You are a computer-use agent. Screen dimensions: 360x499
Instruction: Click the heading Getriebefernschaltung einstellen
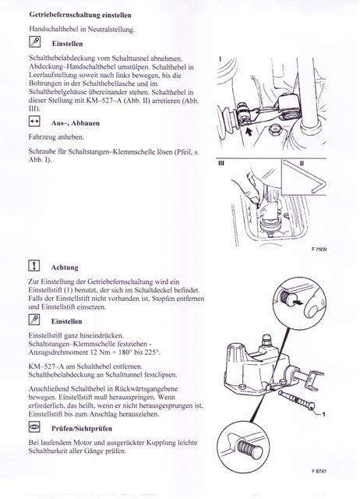click(x=80, y=15)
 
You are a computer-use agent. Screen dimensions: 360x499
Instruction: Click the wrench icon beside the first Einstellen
click(x=34, y=42)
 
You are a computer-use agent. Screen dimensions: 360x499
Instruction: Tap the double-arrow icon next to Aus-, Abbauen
click(x=34, y=122)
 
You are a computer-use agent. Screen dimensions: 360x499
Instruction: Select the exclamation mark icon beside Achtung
click(x=34, y=265)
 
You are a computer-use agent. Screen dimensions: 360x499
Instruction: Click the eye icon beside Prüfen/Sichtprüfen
click(x=34, y=426)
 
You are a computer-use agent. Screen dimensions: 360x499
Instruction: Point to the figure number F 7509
click(x=319, y=249)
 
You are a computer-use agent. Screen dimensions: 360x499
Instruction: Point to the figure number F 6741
click(x=319, y=471)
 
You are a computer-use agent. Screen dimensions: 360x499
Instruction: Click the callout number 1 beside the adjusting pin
click(x=323, y=414)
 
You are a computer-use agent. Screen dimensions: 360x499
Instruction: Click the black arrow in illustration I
click(x=249, y=131)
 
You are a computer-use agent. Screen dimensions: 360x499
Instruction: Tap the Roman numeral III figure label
click(x=221, y=163)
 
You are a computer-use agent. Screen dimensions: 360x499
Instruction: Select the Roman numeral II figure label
click(x=302, y=163)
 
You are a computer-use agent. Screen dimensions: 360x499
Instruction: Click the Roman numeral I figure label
click(x=220, y=59)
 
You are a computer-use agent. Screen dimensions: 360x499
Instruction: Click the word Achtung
click(x=65, y=267)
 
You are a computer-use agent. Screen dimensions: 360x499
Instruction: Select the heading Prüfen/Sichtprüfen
click(x=82, y=428)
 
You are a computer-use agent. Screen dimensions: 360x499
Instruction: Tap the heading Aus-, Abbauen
click(x=76, y=123)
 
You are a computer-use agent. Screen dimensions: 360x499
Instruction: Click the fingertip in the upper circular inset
click(x=313, y=307)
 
